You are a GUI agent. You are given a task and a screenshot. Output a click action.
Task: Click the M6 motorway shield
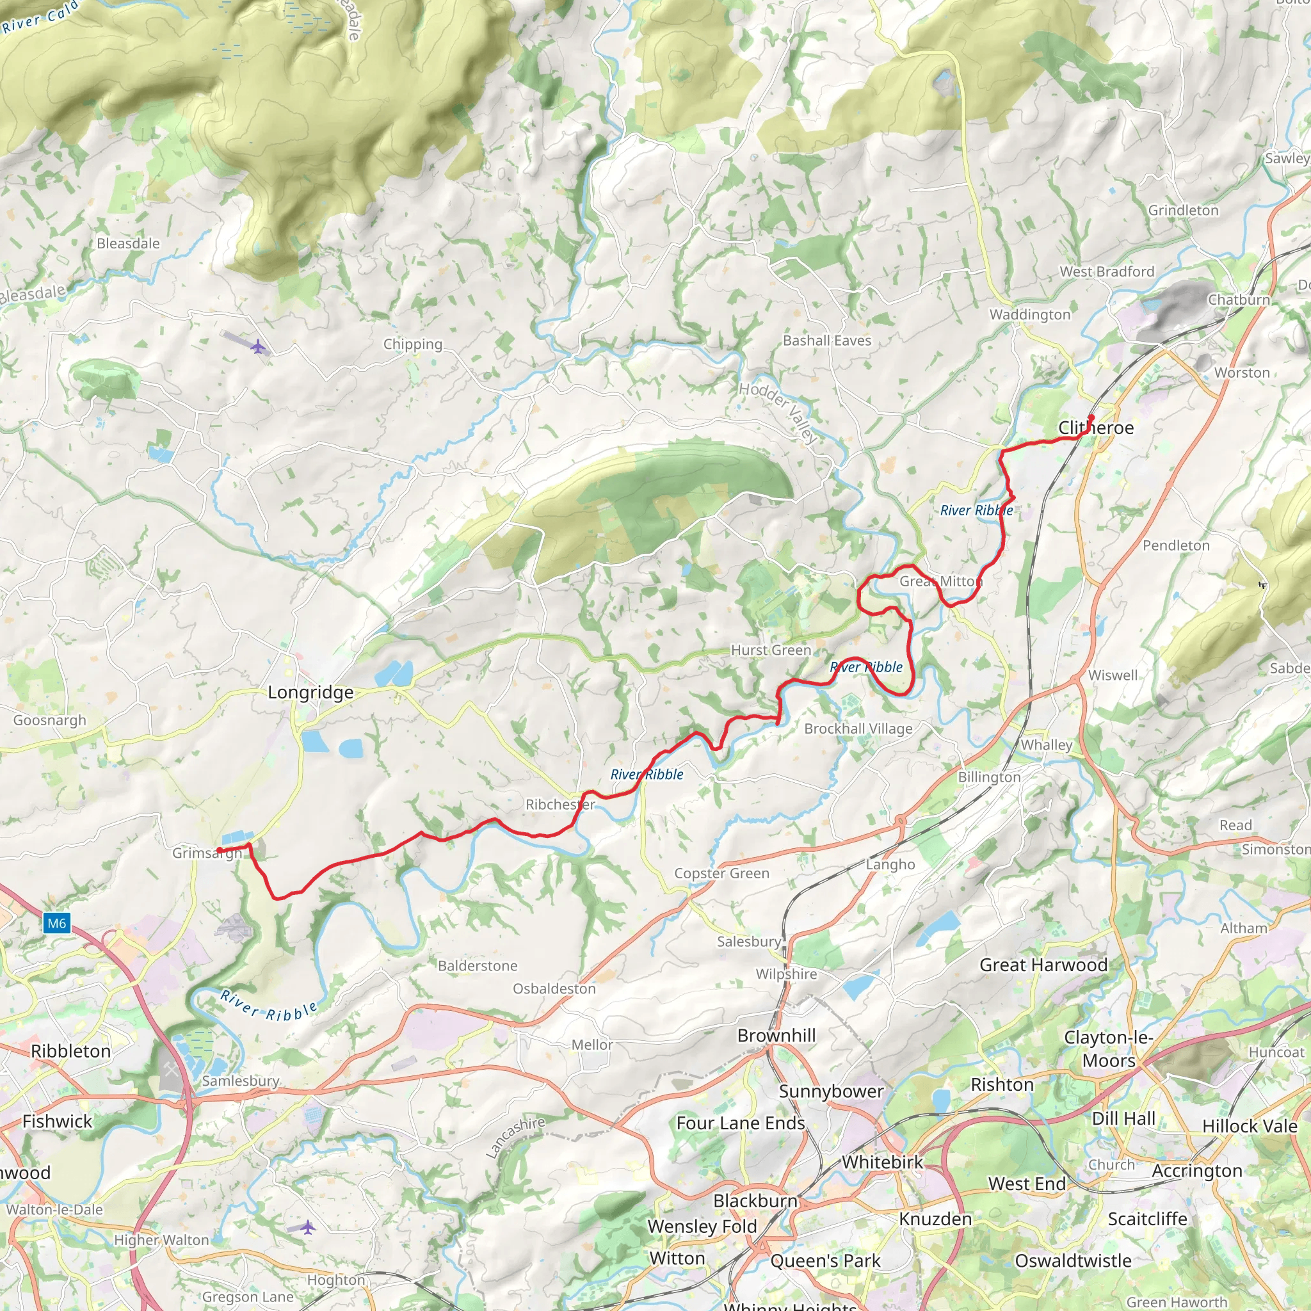(x=57, y=923)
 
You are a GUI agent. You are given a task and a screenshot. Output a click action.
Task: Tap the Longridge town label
(x=310, y=692)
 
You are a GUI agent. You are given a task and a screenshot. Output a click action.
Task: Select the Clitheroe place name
(x=1096, y=428)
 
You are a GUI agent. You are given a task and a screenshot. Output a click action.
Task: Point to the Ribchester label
(x=560, y=804)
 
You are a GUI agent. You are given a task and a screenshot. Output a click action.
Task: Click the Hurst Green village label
(x=771, y=650)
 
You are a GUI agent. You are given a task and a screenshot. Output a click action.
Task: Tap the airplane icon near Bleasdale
(x=257, y=347)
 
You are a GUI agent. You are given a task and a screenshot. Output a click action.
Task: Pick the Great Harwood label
(x=1043, y=964)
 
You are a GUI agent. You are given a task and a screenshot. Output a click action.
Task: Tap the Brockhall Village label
(x=858, y=728)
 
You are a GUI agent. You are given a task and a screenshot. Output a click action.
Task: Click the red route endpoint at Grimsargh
(x=219, y=850)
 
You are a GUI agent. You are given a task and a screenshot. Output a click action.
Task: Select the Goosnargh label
(x=49, y=720)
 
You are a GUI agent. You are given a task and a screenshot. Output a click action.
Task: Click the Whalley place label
(x=1047, y=744)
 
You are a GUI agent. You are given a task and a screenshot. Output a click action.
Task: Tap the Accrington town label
(x=1197, y=1171)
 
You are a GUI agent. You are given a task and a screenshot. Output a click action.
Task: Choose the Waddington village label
(x=1029, y=314)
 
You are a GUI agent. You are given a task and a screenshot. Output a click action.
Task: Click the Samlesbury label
(x=241, y=1081)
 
